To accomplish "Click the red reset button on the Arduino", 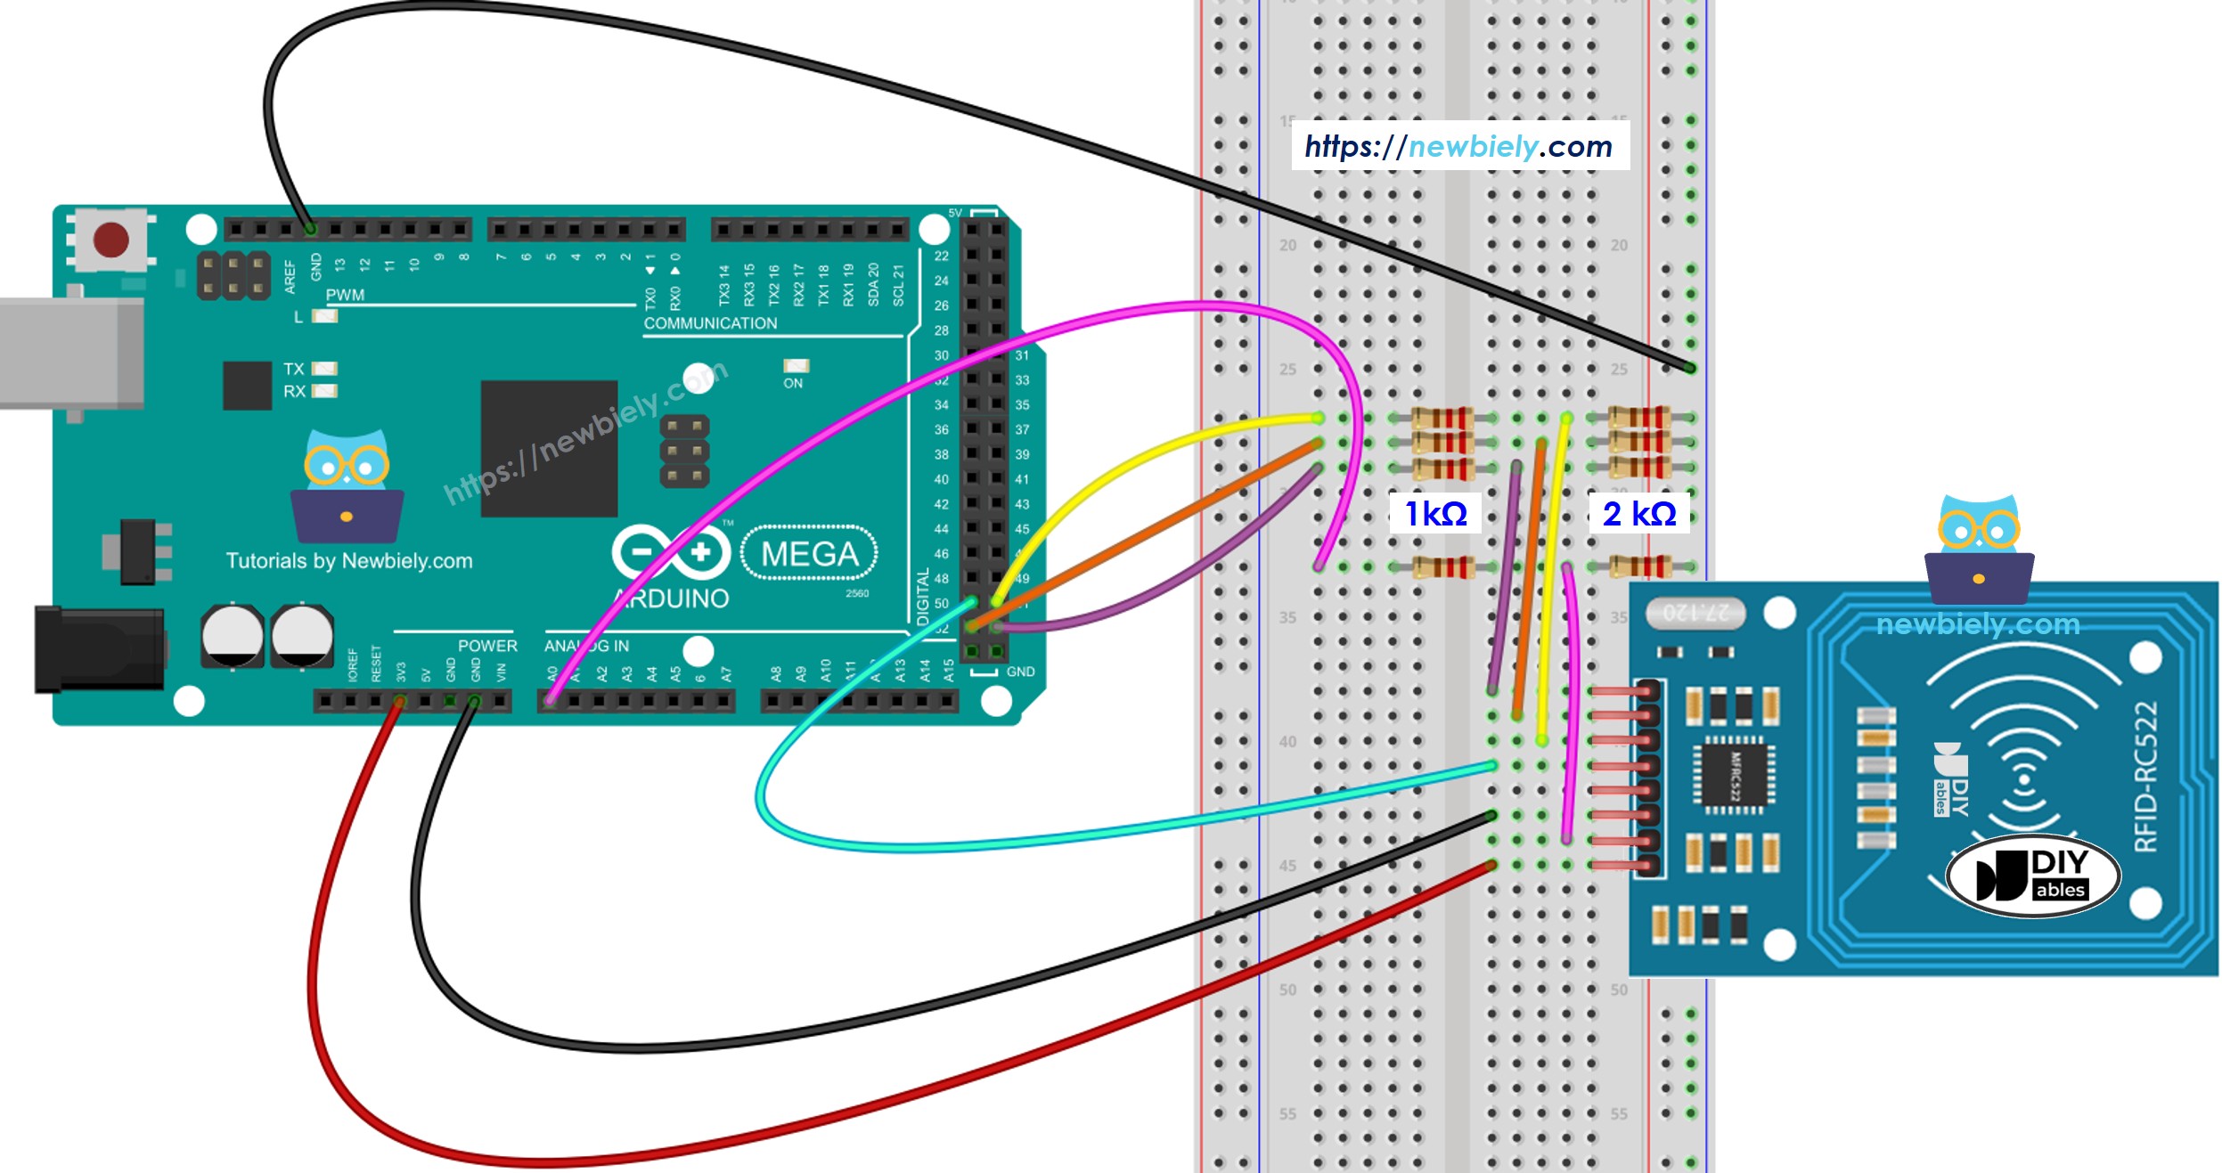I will pos(111,240).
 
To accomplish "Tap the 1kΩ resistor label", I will pos(1435,514).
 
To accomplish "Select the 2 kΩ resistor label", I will pos(1639,514).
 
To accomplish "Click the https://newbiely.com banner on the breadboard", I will pos(1459,146).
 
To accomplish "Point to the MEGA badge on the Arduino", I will pos(809,554).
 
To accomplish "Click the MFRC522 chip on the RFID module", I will pos(1733,774).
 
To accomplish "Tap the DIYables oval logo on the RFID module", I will pos(2032,876).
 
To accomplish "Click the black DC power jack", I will pos(98,649).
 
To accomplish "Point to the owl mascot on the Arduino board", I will pos(347,487).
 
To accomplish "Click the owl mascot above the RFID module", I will pos(1979,549).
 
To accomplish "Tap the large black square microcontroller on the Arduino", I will pos(549,448).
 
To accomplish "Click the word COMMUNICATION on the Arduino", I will pos(710,323).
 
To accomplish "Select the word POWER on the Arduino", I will pos(486,646).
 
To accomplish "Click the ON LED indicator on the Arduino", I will pos(795,366).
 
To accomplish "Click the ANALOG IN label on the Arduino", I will pos(587,646).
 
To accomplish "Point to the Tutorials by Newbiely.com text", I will pos(349,561).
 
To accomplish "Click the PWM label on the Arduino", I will pos(345,295).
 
